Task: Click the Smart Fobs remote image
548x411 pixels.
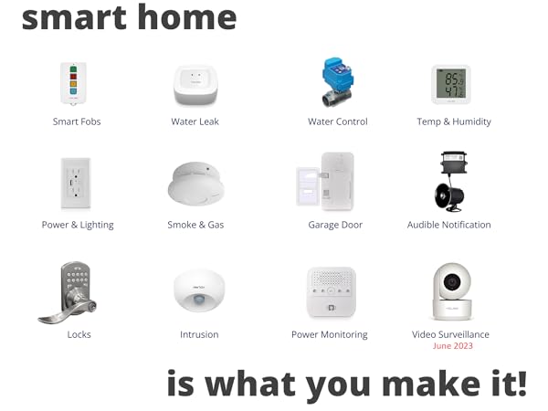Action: [75, 85]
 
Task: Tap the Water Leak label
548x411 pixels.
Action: [195, 121]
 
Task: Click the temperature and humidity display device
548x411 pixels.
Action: [450, 85]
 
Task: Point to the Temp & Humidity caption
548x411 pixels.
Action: [454, 121]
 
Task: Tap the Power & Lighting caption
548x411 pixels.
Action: [78, 225]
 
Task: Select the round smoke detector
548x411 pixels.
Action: [195, 184]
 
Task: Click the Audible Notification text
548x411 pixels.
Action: [448, 225]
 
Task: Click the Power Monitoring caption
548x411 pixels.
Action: [329, 334]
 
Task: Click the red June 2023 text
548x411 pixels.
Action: [453, 346]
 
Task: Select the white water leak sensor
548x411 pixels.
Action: [195, 85]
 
